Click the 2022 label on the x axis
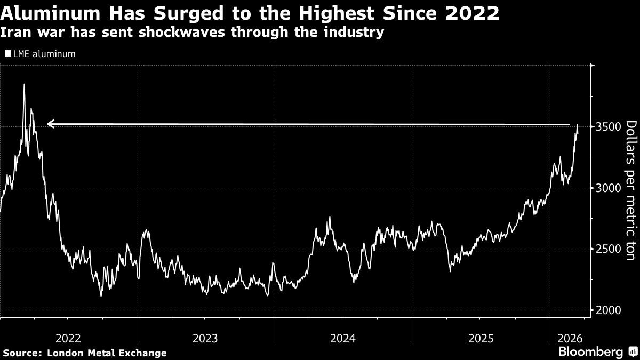point(68,338)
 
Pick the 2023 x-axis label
point(205,338)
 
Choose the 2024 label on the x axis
point(343,338)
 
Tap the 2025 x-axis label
point(481,338)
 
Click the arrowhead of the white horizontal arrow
point(50,124)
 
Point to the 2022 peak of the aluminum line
point(24,84)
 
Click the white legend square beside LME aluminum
point(8,54)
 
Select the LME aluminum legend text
point(44,54)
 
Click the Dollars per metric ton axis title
point(631,190)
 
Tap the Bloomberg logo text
point(590,352)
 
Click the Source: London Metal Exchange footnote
point(84,353)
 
